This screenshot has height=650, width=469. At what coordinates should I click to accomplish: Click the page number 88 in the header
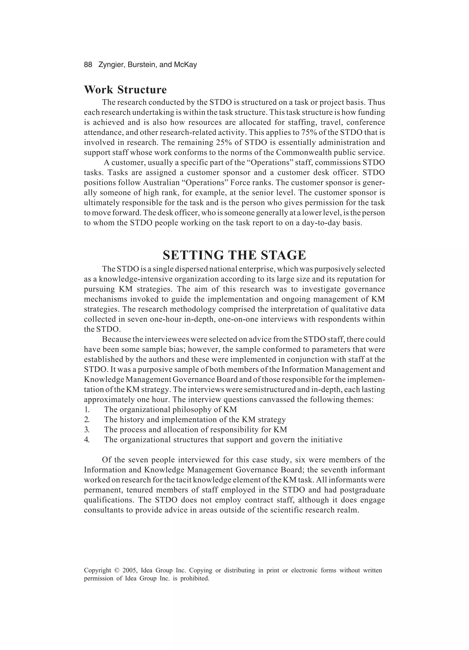coord(88,65)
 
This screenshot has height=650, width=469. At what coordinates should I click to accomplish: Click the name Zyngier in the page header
coord(112,65)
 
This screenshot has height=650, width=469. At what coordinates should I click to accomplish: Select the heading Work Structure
coord(125,90)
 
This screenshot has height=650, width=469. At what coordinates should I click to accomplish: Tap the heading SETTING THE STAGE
coord(234,255)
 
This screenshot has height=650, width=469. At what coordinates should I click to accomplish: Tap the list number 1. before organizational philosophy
coord(87,410)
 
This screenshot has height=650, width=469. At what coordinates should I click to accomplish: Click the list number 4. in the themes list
coord(87,440)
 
